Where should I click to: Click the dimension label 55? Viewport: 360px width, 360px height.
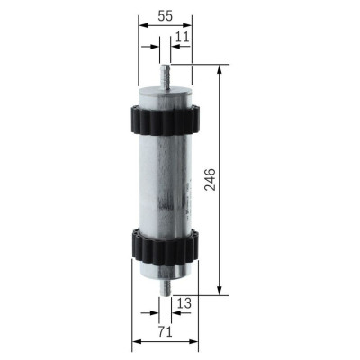coord(164,16)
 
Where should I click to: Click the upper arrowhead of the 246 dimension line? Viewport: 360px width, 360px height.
coord(219,69)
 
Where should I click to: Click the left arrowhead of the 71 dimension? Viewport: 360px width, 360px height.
coord(137,343)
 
